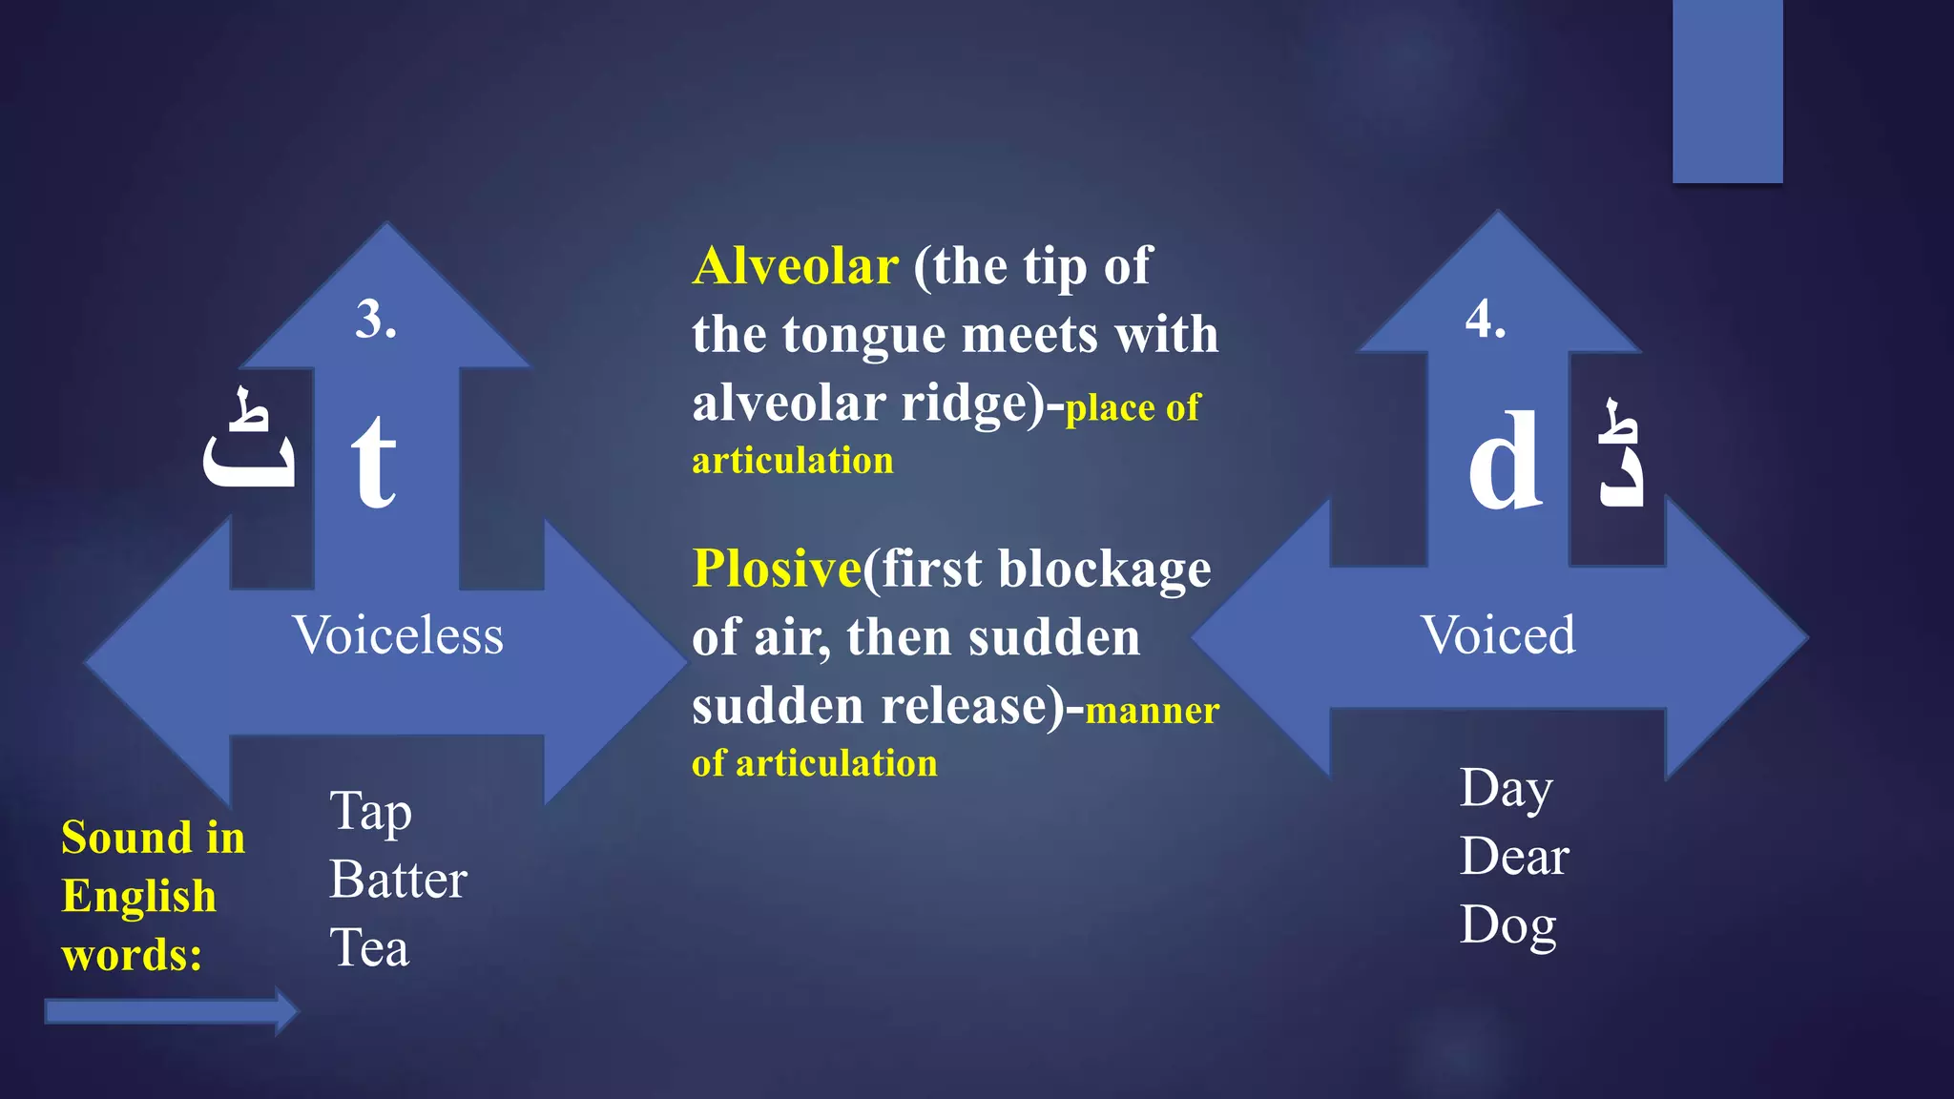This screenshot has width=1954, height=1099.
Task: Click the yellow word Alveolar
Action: (795, 266)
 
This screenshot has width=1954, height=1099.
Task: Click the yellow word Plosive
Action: (777, 569)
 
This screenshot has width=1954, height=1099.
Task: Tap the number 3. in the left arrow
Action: (376, 319)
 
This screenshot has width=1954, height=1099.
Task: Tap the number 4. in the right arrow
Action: (1486, 319)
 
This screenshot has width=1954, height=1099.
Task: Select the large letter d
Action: (1505, 461)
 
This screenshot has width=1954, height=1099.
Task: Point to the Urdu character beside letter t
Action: (249, 441)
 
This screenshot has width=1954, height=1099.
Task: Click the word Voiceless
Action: (397, 635)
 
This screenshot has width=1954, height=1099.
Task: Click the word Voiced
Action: (1498, 635)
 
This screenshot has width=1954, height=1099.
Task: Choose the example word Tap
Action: (370, 813)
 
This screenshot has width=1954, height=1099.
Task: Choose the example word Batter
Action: (398, 880)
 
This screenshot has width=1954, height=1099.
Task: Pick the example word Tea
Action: (369, 948)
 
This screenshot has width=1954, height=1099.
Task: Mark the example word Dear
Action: (1514, 857)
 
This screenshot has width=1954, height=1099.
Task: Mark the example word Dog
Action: (1507, 925)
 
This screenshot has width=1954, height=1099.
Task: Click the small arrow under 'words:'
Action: (172, 1011)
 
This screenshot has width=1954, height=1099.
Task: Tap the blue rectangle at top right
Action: (1727, 91)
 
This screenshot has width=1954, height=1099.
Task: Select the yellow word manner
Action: (1153, 712)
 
